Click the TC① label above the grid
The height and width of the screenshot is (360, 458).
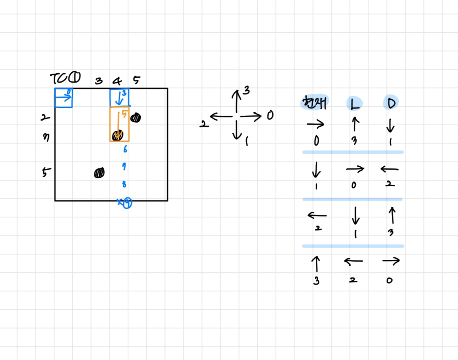[65, 77]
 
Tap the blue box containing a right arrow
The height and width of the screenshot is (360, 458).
[63, 98]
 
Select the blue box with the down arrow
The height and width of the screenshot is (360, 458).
[119, 98]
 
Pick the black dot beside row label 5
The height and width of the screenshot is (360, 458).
[99, 173]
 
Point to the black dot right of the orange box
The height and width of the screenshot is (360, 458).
[136, 118]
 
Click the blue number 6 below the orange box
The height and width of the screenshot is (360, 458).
[125, 149]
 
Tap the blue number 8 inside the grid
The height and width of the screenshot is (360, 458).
[124, 184]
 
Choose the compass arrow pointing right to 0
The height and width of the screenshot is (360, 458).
[250, 117]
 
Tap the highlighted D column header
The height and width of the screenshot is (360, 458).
[391, 103]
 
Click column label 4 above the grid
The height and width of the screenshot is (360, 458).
[118, 80]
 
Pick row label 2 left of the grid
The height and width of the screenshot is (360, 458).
[45, 118]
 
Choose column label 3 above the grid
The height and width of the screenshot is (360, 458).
[99, 81]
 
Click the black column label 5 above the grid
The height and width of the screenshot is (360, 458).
[136, 80]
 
